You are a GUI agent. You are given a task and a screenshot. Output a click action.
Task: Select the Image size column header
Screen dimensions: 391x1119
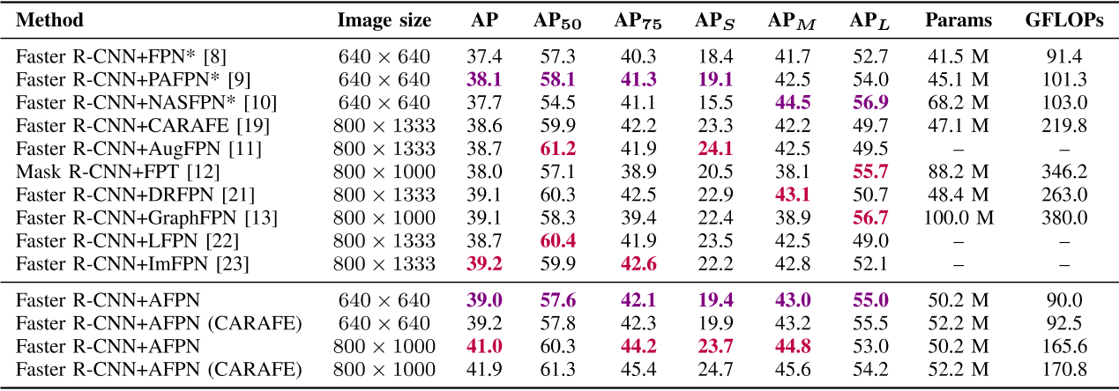click(x=384, y=21)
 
